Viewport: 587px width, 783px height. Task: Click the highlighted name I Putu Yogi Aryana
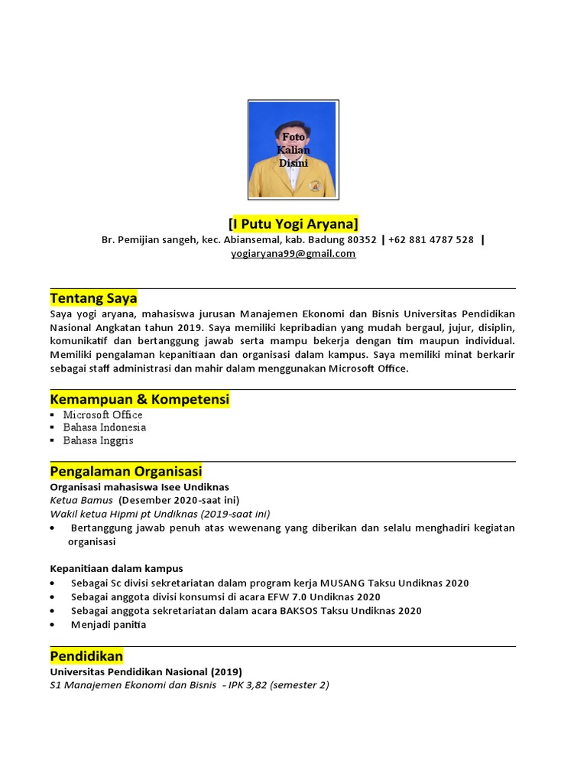pyautogui.click(x=293, y=223)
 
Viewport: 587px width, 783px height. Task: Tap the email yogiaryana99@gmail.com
pyautogui.click(x=293, y=254)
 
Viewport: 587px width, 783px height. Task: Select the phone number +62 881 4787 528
pyautogui.click(x=430, y=240)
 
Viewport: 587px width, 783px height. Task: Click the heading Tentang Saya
pyautogui.click(x=93, y=297)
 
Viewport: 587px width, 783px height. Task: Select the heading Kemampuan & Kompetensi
pyautogui.click(x=139, y=399)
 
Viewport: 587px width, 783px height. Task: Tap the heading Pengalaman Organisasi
pyautogui.click(x=125, y=471)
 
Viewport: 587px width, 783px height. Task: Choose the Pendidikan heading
pyautogui.click(x=86, y=656)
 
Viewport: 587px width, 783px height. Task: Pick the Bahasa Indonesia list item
pyautogui.click(x=104, y=427)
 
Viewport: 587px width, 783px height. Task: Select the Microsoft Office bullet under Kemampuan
pyautogui.click(x=102, y=414)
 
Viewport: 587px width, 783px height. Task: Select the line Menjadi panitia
pyautogui.click(x=108, y=624)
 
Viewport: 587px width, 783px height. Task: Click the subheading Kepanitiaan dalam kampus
pyautogui.click(x=116, y=568)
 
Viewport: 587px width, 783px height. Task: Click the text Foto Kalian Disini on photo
pyautogui.click(x=293, y=150)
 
